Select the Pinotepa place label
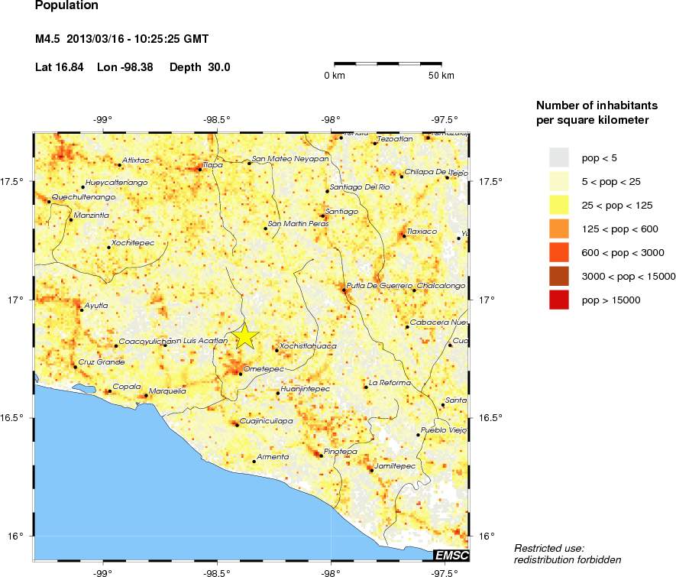(x=341, y=452)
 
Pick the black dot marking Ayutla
(x=82, y=310)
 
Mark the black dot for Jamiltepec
(x=372, y=470)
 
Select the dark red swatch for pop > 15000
(x=559, y=301)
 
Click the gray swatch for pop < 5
(x=559, y=157)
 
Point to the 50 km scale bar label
(x=442, y=76)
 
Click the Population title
(x=67, y=6)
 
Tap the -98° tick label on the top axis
(x=330, y=118)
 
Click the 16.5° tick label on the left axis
(x=15, y=418)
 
